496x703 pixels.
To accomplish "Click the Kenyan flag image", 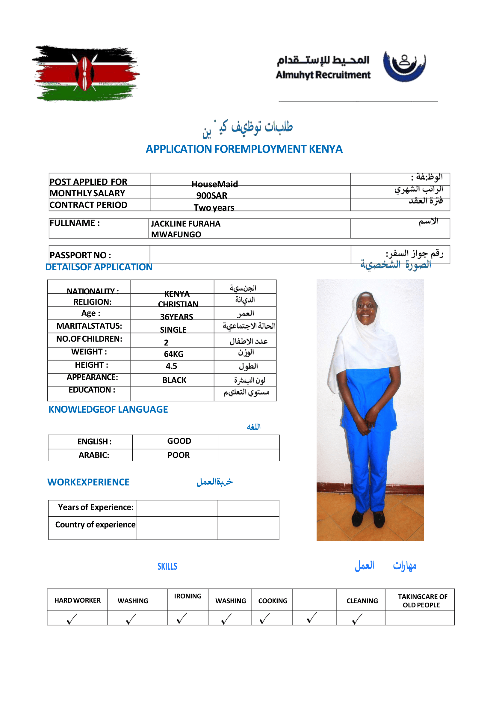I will point(86,73).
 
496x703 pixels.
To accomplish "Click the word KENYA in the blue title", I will point(325,149).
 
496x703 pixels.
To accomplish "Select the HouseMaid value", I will point(214,184).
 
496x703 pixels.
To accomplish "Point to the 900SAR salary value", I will point(212,195).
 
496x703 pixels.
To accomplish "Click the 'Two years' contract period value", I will point(214,208).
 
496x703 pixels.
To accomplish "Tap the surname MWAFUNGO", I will point(176,234).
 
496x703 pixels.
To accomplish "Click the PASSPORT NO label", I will point(81,255).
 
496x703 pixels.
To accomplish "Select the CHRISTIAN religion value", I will point(178,304).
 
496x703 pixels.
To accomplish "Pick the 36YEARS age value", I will point(176,317).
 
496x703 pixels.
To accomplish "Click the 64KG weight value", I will point(174,354).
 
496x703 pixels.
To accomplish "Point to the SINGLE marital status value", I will point(173,329).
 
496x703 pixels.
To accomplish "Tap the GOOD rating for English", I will point(179,441).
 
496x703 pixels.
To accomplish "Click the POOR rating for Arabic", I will point(179,455).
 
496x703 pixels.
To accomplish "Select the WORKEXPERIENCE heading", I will point(88,482).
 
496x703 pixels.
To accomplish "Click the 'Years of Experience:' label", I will point(96,507).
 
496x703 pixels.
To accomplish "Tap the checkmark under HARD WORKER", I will point(72,618).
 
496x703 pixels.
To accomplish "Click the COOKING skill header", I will point(273,601).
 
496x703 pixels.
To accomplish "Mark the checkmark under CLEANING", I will point(357,618).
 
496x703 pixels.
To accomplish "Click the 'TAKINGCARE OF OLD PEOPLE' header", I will point(422,601).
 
